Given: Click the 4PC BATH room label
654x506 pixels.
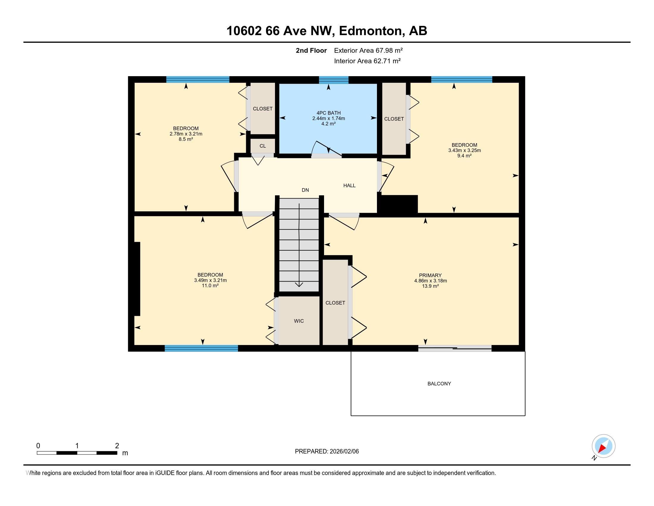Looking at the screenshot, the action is pyautogui.click(x=328, y=113).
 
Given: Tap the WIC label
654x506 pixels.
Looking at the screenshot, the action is pyautogui.click(x=299, y=321).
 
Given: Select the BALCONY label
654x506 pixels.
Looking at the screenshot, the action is pyautogui.click(x=439, y=384).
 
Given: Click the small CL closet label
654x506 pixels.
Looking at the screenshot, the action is pyautogui.click(x=262, y=146).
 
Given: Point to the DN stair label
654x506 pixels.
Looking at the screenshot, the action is pyautogui.click(x=305, y=190).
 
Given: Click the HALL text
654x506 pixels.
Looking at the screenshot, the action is pyautogui.click(x=350, y=185).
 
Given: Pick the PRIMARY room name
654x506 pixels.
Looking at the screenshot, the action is pyautogui.click(x=430, y=276).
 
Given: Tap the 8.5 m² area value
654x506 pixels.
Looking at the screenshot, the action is pyautogui.click(x=186, y=139).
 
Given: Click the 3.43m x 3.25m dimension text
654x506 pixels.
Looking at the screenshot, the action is pyautogui.click(x=464, y=151).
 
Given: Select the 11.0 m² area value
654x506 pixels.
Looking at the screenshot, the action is pyautogui.click(x=210, y=286).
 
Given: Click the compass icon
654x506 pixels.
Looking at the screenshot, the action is pyautogui.click(x=603, y=446).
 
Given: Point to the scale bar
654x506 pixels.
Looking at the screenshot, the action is pyautogui.click(x=77, y=453).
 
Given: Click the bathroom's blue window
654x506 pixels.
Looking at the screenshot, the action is pyautogui.click(x=334, y=80).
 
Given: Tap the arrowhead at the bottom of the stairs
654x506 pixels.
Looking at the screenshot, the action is pyautogui.click(x=299, y=285).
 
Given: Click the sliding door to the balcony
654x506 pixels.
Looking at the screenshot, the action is pyautogui.click(x=455, y=348).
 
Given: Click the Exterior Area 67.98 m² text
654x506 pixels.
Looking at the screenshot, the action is pyautogui.click(x=368, y=50).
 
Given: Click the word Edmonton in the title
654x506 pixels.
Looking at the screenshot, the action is pyautogui.click(x=370, y=31).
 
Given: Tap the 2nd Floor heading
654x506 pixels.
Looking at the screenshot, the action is pyautogui.click(x=311, y=50).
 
